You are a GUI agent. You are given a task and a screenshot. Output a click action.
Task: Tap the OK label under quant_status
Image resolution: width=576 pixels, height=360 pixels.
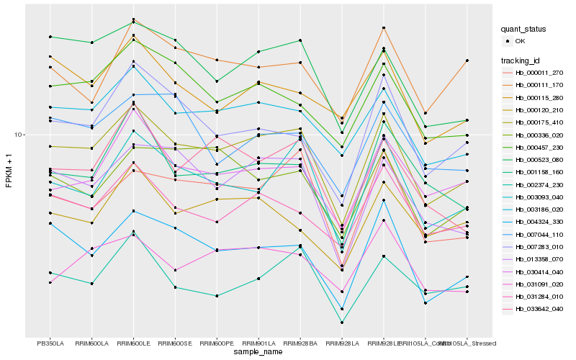click(521, 41)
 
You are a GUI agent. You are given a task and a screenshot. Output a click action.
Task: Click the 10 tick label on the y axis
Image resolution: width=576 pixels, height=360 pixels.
click(18, 135)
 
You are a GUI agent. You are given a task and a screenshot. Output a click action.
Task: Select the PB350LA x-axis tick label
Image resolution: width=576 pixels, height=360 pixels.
click(50, 343)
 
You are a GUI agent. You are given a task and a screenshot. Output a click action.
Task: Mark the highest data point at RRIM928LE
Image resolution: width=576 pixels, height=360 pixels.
click(384, 28)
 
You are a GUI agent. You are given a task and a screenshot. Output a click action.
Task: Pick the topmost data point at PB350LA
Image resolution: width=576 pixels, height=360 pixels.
click(50, 37)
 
